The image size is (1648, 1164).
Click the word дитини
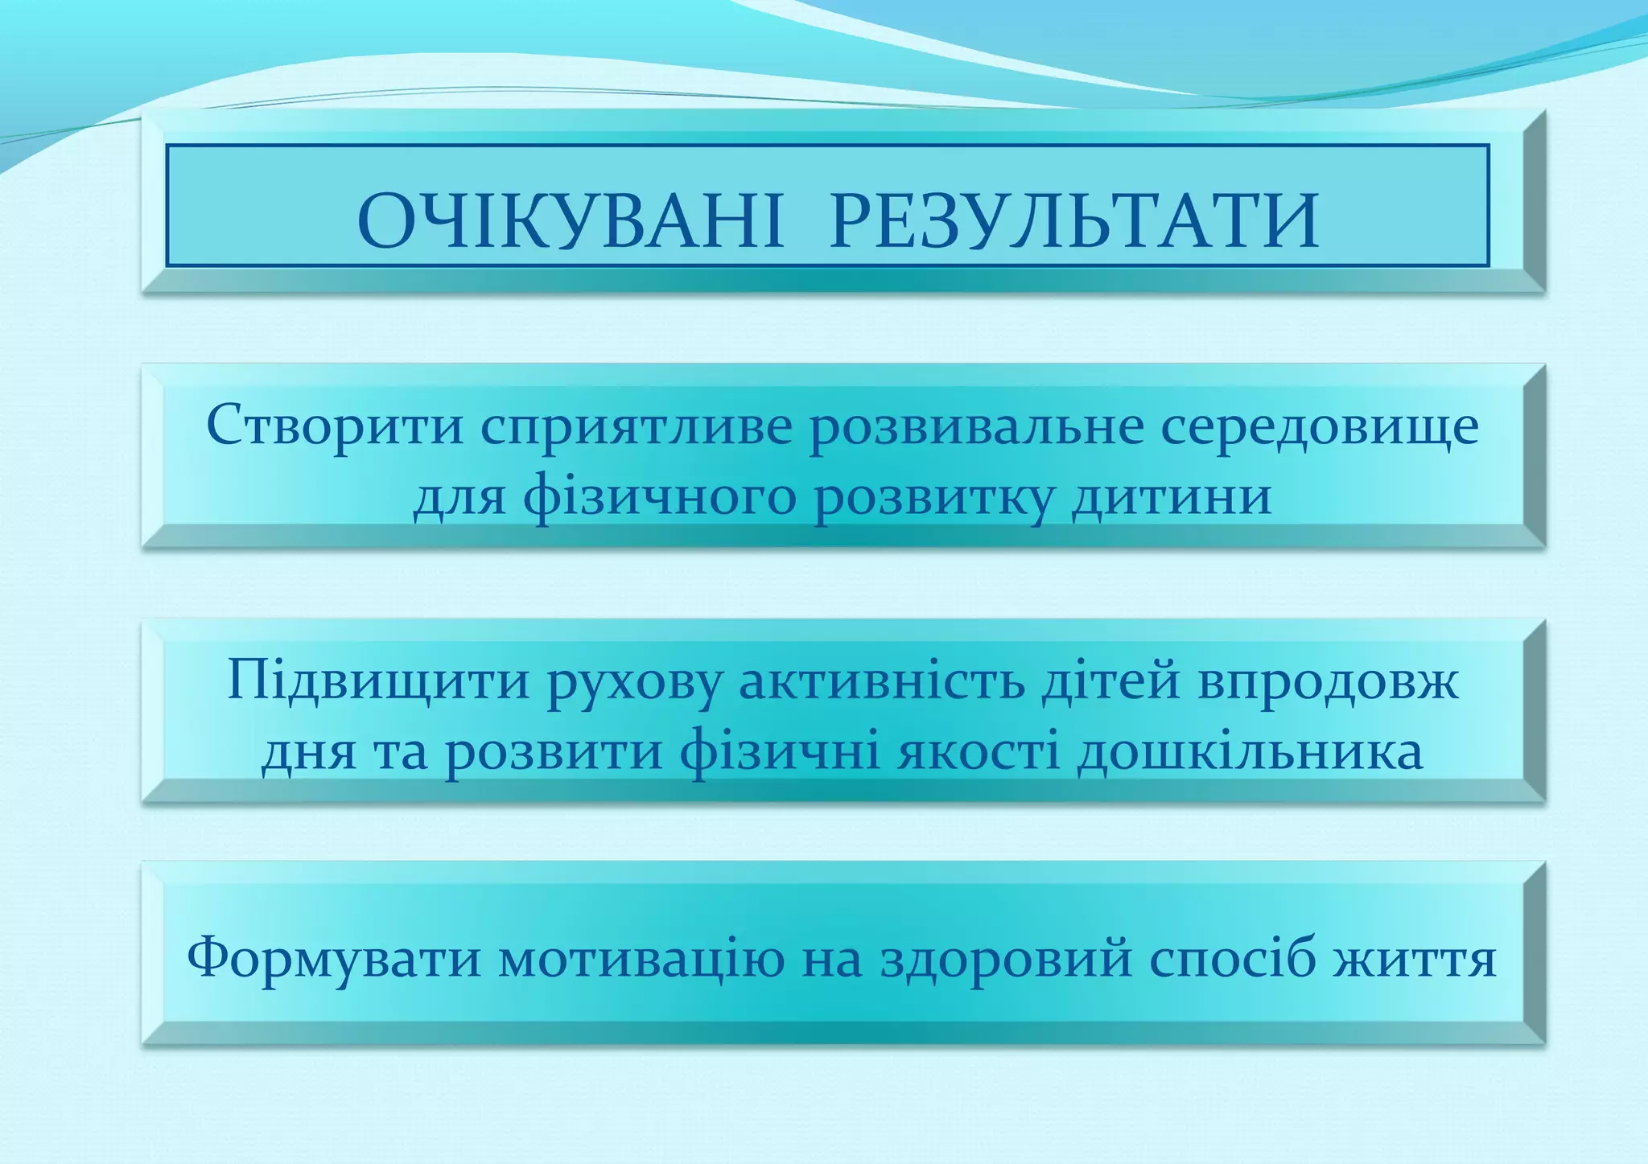point(1172,497)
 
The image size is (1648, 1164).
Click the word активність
point(882,681)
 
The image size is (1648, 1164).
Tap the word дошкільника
point(1250,753)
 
